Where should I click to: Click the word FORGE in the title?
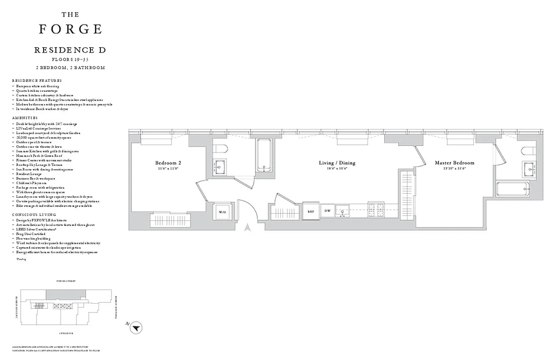coord(70,29)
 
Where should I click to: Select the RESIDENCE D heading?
coord(70,50)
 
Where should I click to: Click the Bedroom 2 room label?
coord(168,162)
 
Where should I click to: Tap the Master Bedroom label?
coord(454,162)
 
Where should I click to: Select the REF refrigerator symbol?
coord(311,211)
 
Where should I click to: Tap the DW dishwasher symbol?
coord(327,211)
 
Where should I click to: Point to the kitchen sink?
coord(343,209)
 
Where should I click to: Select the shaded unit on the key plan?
coord(66,294)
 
